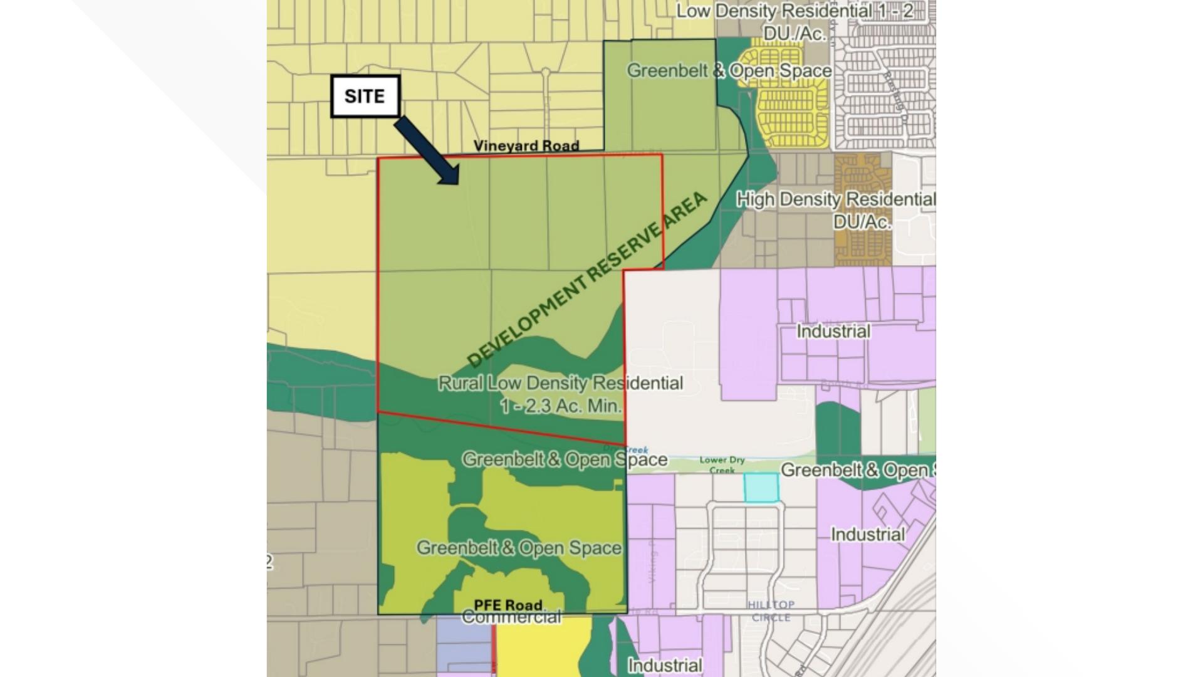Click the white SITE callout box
point(365,97)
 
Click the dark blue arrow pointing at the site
point(427,150)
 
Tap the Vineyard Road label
point(526,145)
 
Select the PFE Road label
point(508,605)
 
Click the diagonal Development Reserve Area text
point(588,280)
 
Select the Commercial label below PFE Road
point(511,618)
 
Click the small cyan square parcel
point(761,488)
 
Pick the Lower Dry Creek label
point(722,464)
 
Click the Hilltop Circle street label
point(771,611)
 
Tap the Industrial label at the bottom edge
point(665,664)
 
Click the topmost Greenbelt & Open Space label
point(729,70)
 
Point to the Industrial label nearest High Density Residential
point(833,331)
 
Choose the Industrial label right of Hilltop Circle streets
point(868,535)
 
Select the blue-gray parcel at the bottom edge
point(464,649)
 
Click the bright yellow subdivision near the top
point(791,94)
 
